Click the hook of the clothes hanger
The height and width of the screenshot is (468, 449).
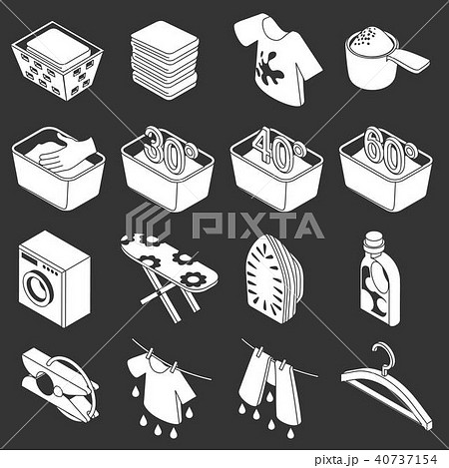click(378, 355)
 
